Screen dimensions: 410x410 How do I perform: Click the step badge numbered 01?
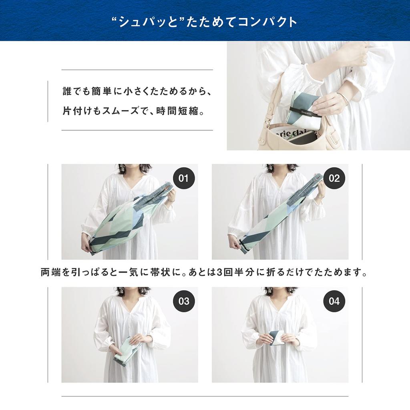click(x=183, y=178)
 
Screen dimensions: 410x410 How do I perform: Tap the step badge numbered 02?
click(x=334, y=178)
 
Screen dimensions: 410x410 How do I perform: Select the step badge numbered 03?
click(x=183, y=301)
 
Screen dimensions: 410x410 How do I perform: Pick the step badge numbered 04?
click(x=334, y=301)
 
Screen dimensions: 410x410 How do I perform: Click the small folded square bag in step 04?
click(x=278, y=338)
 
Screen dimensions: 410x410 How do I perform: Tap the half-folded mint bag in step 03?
click(x=127, y=350)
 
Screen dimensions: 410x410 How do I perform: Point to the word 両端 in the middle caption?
click(x=50, y=272)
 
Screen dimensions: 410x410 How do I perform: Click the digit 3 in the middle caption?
click(x=219, y=272)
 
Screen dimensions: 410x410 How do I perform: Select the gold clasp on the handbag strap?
click(x=268, y=122)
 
